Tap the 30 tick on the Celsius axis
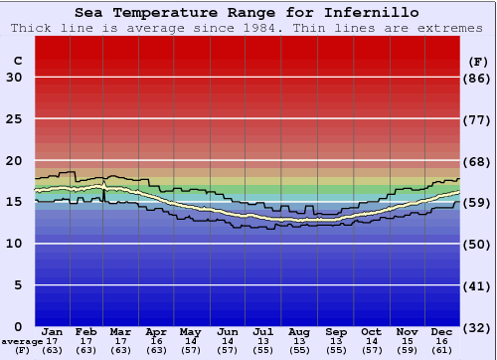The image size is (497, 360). [14, 78]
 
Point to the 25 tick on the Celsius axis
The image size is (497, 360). [14, 119]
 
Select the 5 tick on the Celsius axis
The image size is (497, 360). [18, 284]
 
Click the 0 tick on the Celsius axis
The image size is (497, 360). [18, 326]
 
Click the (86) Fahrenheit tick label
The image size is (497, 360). [478, 78]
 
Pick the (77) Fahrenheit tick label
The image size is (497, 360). [478, 119]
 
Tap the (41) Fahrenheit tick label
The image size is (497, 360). [478, 284]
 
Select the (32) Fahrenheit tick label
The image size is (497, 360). [478, 326]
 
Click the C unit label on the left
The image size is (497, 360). [17, 61]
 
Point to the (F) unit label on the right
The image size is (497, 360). [478, 61]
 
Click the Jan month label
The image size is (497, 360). [53, 331]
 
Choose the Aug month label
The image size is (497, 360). [298, 331]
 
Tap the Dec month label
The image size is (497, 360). [442, 331]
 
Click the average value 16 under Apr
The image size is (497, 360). [156, 341]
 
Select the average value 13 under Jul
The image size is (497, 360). [262, 341]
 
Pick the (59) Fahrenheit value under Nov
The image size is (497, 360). [407, 350]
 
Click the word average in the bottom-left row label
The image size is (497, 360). [21, 341]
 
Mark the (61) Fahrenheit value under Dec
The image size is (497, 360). [442, 350]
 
